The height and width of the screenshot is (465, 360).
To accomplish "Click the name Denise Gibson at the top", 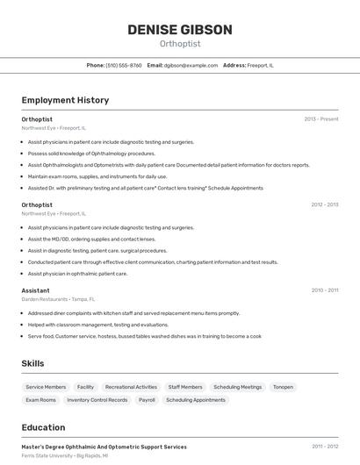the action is (x=180, y=30).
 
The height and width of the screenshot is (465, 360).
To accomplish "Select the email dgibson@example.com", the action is (x=191, y=65).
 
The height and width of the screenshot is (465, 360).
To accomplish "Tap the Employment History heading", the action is (x=65, y=100).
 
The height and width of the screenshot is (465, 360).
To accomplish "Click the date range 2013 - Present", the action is (x=321, y=118).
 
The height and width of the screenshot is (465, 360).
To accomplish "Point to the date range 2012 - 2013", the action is (x=324, y=204).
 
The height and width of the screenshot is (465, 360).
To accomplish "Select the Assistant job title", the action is (x=36, y=290).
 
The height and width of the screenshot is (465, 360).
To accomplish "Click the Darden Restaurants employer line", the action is (x=58, y=299).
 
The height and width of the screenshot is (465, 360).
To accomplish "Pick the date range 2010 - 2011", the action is (x=324, y=290).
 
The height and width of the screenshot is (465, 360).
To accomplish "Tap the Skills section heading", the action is (x=33, y=363).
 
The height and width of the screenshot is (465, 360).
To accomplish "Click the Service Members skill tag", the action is (x=46, y=387).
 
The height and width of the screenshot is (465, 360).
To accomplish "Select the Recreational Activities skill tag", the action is (x=131, y=387).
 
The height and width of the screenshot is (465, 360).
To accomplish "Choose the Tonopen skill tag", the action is (x=283, y=387).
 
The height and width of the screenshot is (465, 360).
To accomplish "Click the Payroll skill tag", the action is (x=147, y=400).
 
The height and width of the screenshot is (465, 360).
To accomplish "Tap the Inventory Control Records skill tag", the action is (x=97, y=400).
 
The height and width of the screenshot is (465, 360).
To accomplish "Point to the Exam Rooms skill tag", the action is (x=40, y=400).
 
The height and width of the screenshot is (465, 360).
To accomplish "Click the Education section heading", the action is (x=43, y=428).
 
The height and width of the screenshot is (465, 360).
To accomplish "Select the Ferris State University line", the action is (x=64, y=456).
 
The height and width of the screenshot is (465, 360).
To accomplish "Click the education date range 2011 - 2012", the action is (x=325, y=447).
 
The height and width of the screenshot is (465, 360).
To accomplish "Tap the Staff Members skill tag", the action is (x=185, y=387).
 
